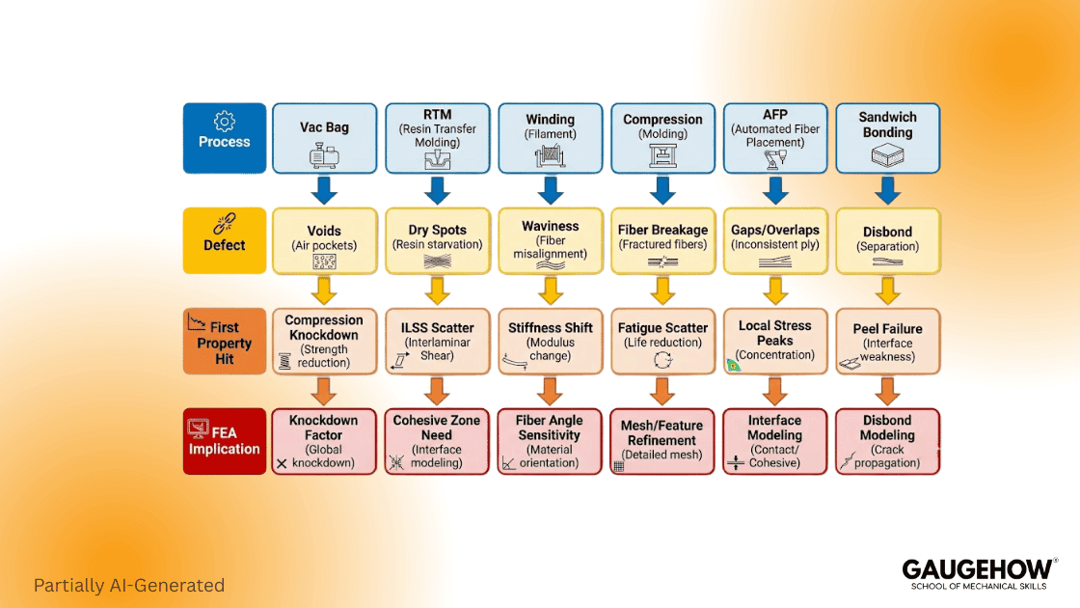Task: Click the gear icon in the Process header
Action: click(225, 121)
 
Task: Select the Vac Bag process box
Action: click(324, 138)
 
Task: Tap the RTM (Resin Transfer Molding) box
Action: click(437, 138)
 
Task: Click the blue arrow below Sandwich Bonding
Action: click(887, 190)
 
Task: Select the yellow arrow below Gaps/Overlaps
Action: click(775, 290)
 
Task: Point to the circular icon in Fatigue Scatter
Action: click(663, 361)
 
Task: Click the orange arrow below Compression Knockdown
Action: click(324, 391)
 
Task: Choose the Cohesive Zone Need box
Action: click(437, 441)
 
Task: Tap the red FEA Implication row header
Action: click(225, 441)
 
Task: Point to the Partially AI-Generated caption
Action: click(129, 585)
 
